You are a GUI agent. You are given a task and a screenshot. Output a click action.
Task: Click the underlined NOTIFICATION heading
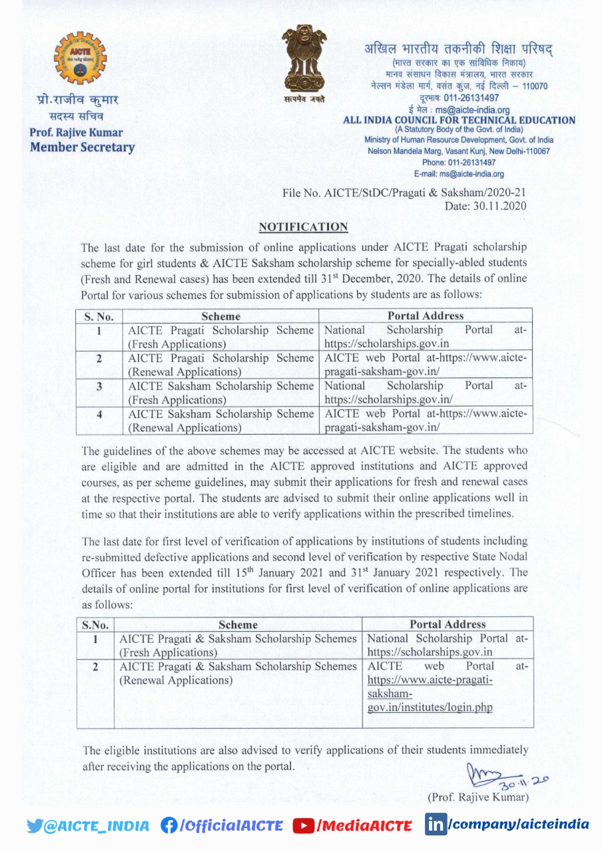(x=303, y=227)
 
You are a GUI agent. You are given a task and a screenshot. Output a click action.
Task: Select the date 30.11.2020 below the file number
(x=485, y=206)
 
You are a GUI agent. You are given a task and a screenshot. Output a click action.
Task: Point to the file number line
(x=404, y=193)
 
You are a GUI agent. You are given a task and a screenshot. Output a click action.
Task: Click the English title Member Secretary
(x=82, y=148)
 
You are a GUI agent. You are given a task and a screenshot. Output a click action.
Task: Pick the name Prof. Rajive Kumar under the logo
(x=76, y=132)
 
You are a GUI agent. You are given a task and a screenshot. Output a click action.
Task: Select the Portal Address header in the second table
(x=448, y=624)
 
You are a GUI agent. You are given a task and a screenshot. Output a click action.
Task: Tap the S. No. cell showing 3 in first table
(x=99, y=386)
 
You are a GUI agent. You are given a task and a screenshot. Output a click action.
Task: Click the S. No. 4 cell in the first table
(x=99, y=414)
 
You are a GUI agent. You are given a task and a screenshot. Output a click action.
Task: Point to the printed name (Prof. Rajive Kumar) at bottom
(x=477, y=797)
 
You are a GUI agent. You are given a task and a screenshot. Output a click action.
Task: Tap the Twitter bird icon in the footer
(x=35, y=826)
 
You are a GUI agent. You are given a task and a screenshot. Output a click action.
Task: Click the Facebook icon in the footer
(x=169, y=825)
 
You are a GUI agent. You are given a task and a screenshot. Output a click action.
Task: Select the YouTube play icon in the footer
(x=303, y=826)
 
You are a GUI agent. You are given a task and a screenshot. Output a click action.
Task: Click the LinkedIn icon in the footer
(x=436, y=825)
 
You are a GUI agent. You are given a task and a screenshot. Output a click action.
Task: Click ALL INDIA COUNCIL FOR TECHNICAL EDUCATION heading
(x=459, y=120)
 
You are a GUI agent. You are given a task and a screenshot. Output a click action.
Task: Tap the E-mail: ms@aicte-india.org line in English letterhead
(x=459, y=174)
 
